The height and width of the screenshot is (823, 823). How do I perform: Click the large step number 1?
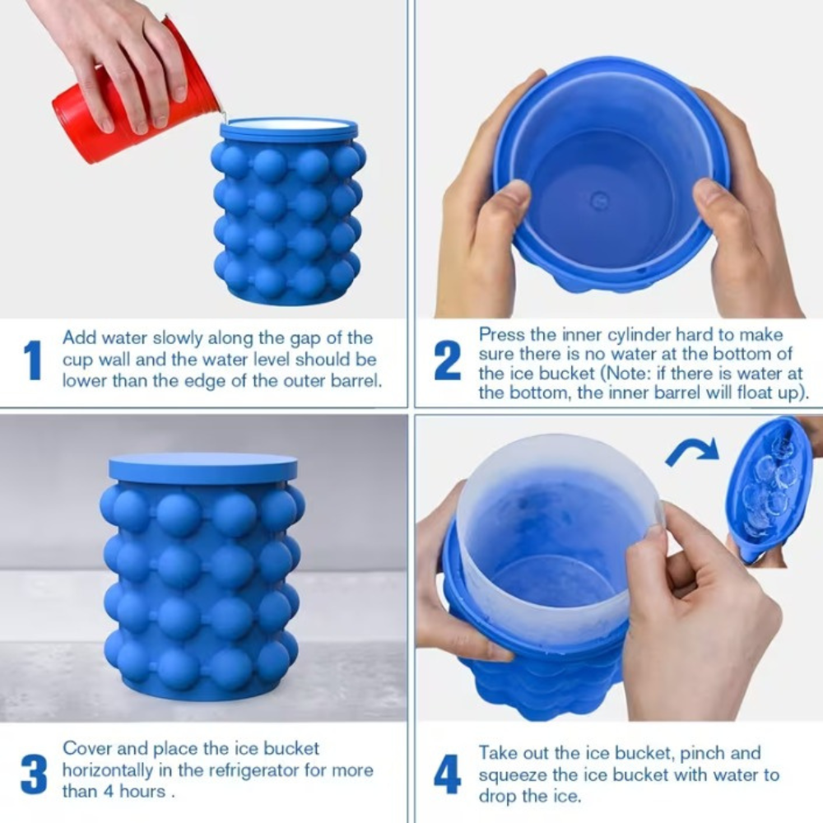pyautogui.click(x=33, y=360)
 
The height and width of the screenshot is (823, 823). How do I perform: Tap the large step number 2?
pyautogui.click(x=447, y=360)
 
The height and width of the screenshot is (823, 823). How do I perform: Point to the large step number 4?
pyautogui.click(x=447, y=774)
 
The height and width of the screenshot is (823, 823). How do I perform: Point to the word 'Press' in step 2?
pyautogui.click(x=502, y=334)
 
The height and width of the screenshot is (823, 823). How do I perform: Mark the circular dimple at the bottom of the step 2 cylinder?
pyautogui.click(x=597, y=200)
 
